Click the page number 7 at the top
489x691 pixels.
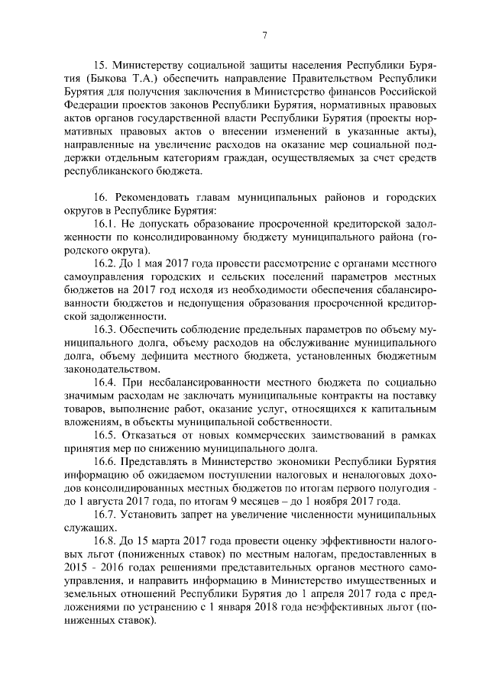pos(264,34)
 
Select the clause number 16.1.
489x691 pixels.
pos(106,224)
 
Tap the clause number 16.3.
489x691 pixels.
pos(106,330)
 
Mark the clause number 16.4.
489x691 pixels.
pos(106,383)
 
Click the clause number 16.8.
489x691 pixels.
pos(106,541)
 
